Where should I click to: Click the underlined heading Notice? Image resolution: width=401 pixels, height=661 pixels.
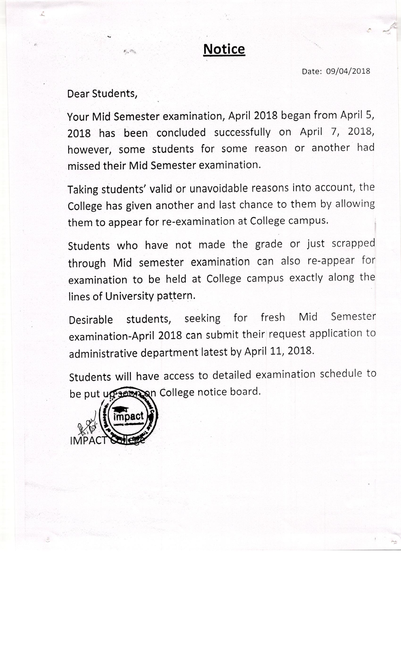[x=224, y=49]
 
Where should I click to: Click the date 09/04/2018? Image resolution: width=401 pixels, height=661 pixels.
[x=348, y=71]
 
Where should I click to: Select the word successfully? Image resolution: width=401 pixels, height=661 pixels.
[x=242, y=132]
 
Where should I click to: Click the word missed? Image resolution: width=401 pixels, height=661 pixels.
[x=84, y=166]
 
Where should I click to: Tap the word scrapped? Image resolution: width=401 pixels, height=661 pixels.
[x=353, y=243]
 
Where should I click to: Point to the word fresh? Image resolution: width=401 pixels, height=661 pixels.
[x=272, y=317]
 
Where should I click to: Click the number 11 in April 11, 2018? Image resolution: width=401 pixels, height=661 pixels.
[x=276, y=352]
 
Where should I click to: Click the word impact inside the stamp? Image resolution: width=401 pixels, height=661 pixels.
[x=128, y=417]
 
